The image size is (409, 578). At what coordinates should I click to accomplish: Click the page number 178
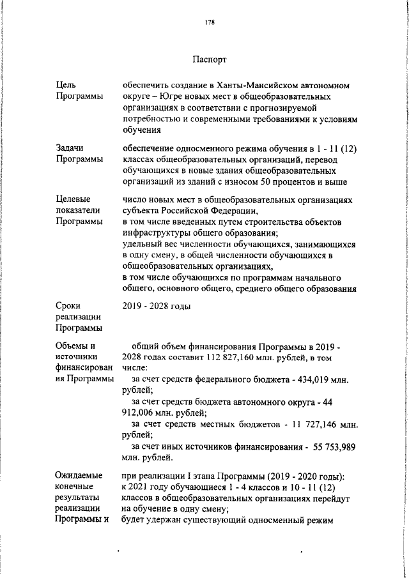pos(209,22)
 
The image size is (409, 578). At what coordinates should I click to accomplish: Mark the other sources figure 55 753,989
pos(334,446)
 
